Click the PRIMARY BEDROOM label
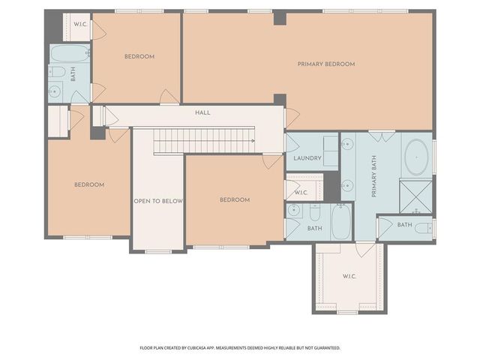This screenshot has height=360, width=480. [x=325, y=64]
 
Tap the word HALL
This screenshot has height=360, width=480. [x=202, y=112]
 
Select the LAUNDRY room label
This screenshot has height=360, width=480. [x=307, y=158]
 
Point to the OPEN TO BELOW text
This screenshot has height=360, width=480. [x=158, y=201]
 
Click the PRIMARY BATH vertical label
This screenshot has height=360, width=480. [x=373, y=177]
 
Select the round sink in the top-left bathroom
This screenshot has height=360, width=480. [x=55, y=91]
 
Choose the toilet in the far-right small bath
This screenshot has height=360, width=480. [x=424, y=227]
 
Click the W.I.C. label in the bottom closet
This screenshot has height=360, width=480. [x=349, y=277]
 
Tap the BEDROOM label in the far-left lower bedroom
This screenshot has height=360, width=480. [x=88, y=184]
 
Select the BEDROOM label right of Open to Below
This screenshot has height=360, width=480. [x=234, y=199]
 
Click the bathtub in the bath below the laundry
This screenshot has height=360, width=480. [x=340, y=222]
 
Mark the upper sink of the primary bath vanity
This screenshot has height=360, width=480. [x=347, y=145]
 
